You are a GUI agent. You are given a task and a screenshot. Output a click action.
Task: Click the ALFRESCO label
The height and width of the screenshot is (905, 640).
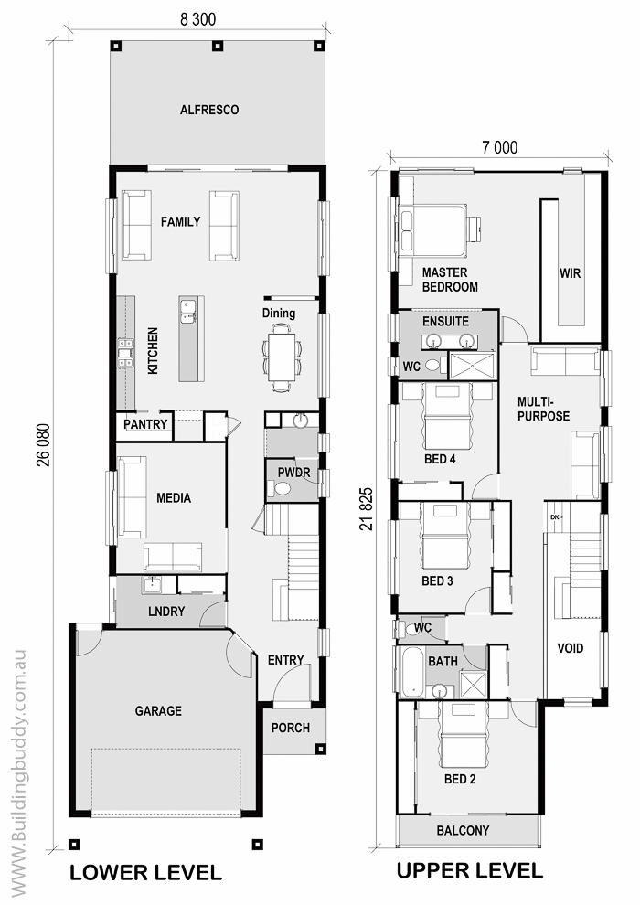(208, 110)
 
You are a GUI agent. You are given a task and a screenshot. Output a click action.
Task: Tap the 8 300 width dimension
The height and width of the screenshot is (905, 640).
(198, 19)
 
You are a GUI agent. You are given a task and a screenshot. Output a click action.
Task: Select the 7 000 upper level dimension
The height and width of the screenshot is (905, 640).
(500, 148)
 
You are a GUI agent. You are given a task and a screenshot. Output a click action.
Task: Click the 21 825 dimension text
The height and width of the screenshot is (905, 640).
(366, 509)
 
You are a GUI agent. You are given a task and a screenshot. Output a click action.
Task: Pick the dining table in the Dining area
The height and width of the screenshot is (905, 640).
(281, 357)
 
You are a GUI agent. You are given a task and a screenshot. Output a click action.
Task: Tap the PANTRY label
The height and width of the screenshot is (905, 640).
(145, 424)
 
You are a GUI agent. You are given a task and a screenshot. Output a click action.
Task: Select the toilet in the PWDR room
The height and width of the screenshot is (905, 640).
(283, 489)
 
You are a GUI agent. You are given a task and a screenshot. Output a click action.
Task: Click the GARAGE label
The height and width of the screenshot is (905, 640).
(158, 711)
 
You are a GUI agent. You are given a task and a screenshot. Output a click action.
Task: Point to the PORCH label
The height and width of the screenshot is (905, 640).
(290, 728)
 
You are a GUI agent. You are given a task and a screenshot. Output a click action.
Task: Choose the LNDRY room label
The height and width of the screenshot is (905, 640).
(166, 612)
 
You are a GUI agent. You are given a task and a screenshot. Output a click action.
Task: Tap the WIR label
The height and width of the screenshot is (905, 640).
(570, 273)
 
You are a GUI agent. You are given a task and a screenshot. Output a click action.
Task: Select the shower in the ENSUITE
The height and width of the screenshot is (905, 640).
(473, 366)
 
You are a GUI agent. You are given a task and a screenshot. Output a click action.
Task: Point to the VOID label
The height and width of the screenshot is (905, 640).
(571, 648)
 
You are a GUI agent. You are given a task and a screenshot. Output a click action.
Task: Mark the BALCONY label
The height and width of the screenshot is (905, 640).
(463, 831)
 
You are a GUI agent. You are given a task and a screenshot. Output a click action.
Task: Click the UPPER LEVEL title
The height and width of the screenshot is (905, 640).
(469, 869)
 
